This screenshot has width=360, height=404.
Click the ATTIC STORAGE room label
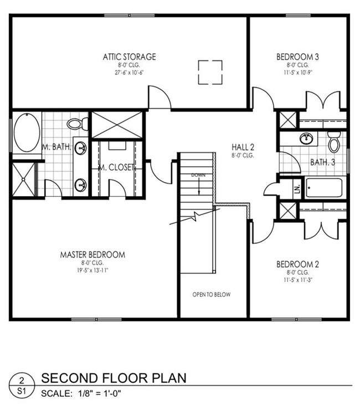click(129, 57)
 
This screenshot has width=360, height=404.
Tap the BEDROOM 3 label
click(297, 57)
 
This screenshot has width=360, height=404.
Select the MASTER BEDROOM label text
click(92, 255)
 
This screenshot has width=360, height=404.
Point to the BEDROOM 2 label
click(297, 264)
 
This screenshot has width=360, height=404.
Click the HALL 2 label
click(243, 147)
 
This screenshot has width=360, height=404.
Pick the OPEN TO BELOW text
click(212, 295)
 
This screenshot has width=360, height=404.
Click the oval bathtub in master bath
click(26, 134)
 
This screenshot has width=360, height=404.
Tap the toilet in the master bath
click(76, 123)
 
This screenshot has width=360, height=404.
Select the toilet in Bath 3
click(333, 142)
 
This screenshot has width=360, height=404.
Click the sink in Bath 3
click(305, 138)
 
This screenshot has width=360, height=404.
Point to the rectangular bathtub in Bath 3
click(324, 187)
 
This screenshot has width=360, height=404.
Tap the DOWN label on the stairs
click(198, 175)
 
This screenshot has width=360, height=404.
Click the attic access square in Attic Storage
click(210, 72)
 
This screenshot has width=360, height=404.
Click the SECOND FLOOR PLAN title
click(114, 379)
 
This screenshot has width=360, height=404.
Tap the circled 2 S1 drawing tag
click(20, 384)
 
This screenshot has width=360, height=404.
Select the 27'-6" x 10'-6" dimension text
click(129, 73)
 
